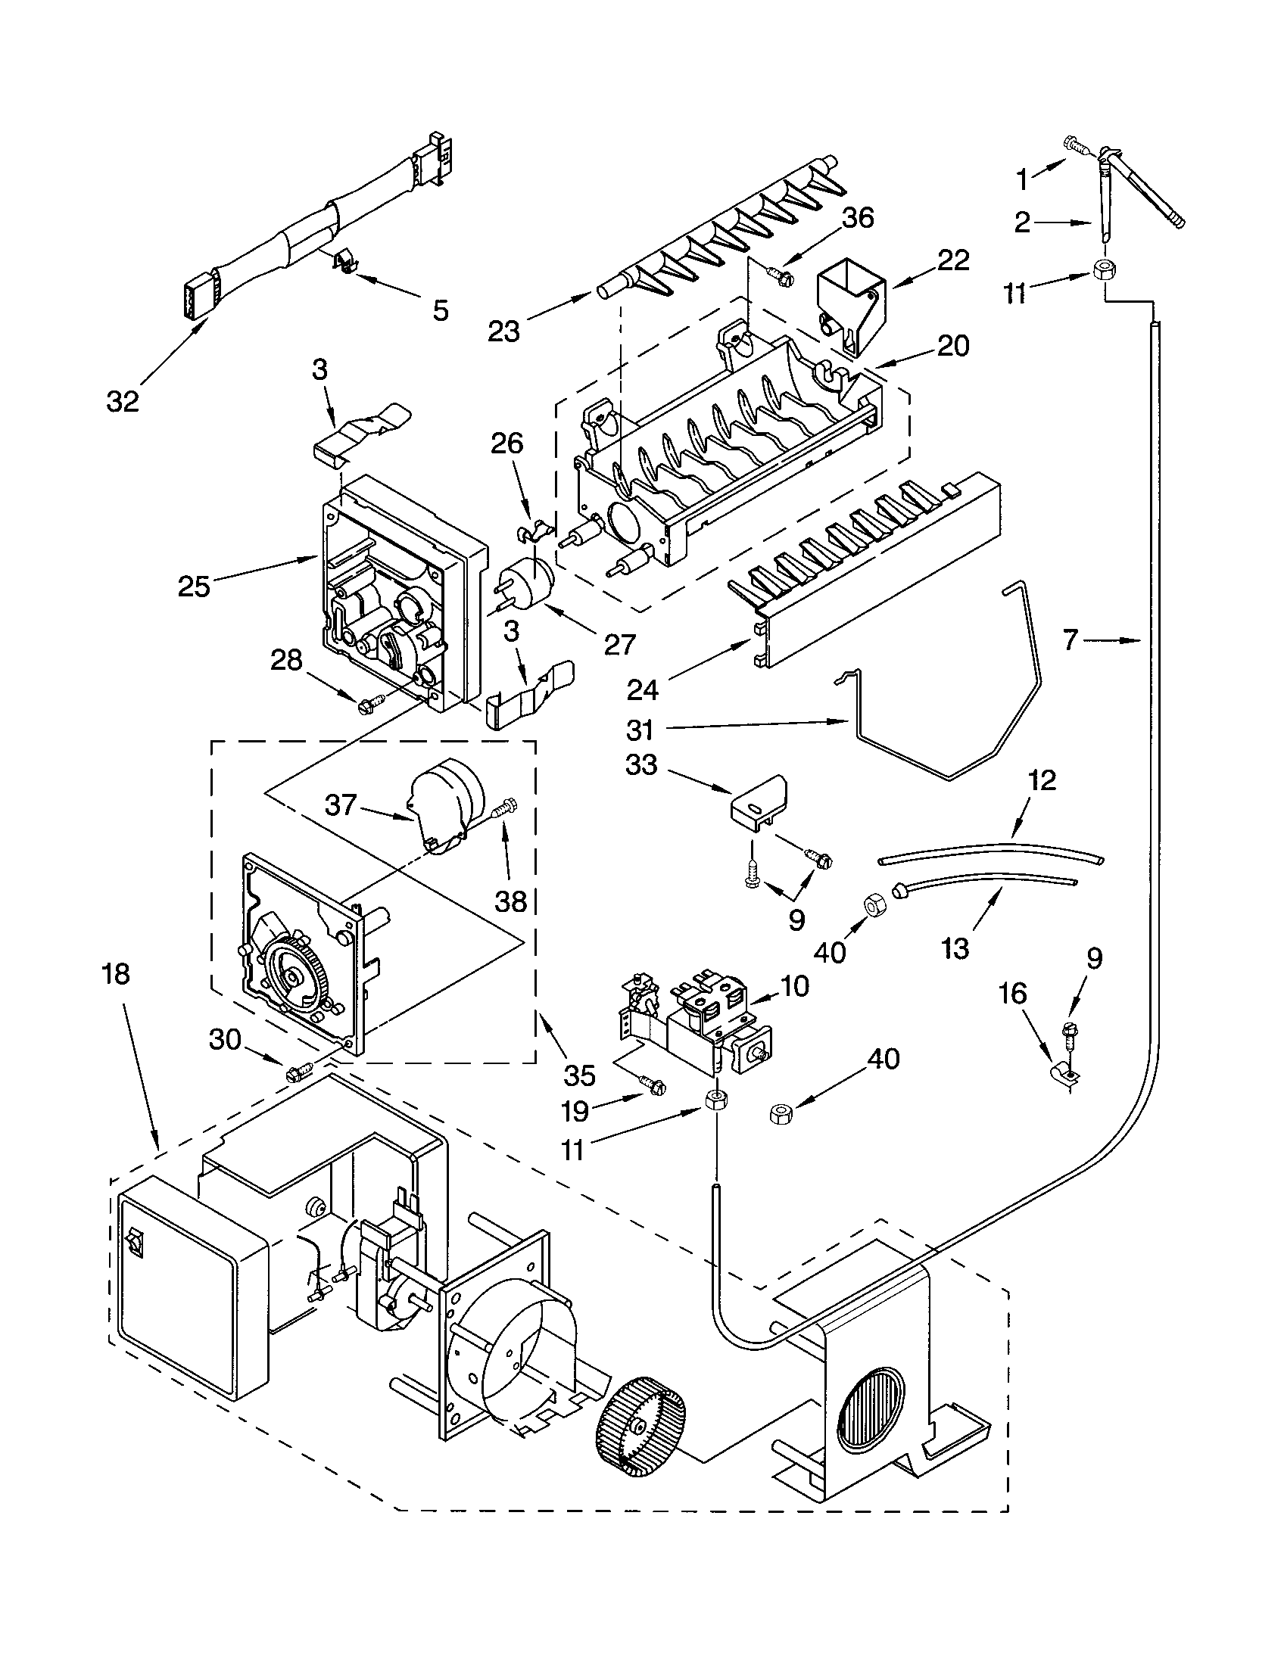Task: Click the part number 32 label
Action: (x=123, y=401)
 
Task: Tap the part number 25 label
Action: (x=194, y=587)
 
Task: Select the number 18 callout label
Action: (x=116, y=973)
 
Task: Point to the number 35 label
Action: (x=579, y=1075)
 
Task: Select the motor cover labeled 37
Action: (x=444, y=802)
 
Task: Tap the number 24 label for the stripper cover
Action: (x=643, y=690)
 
